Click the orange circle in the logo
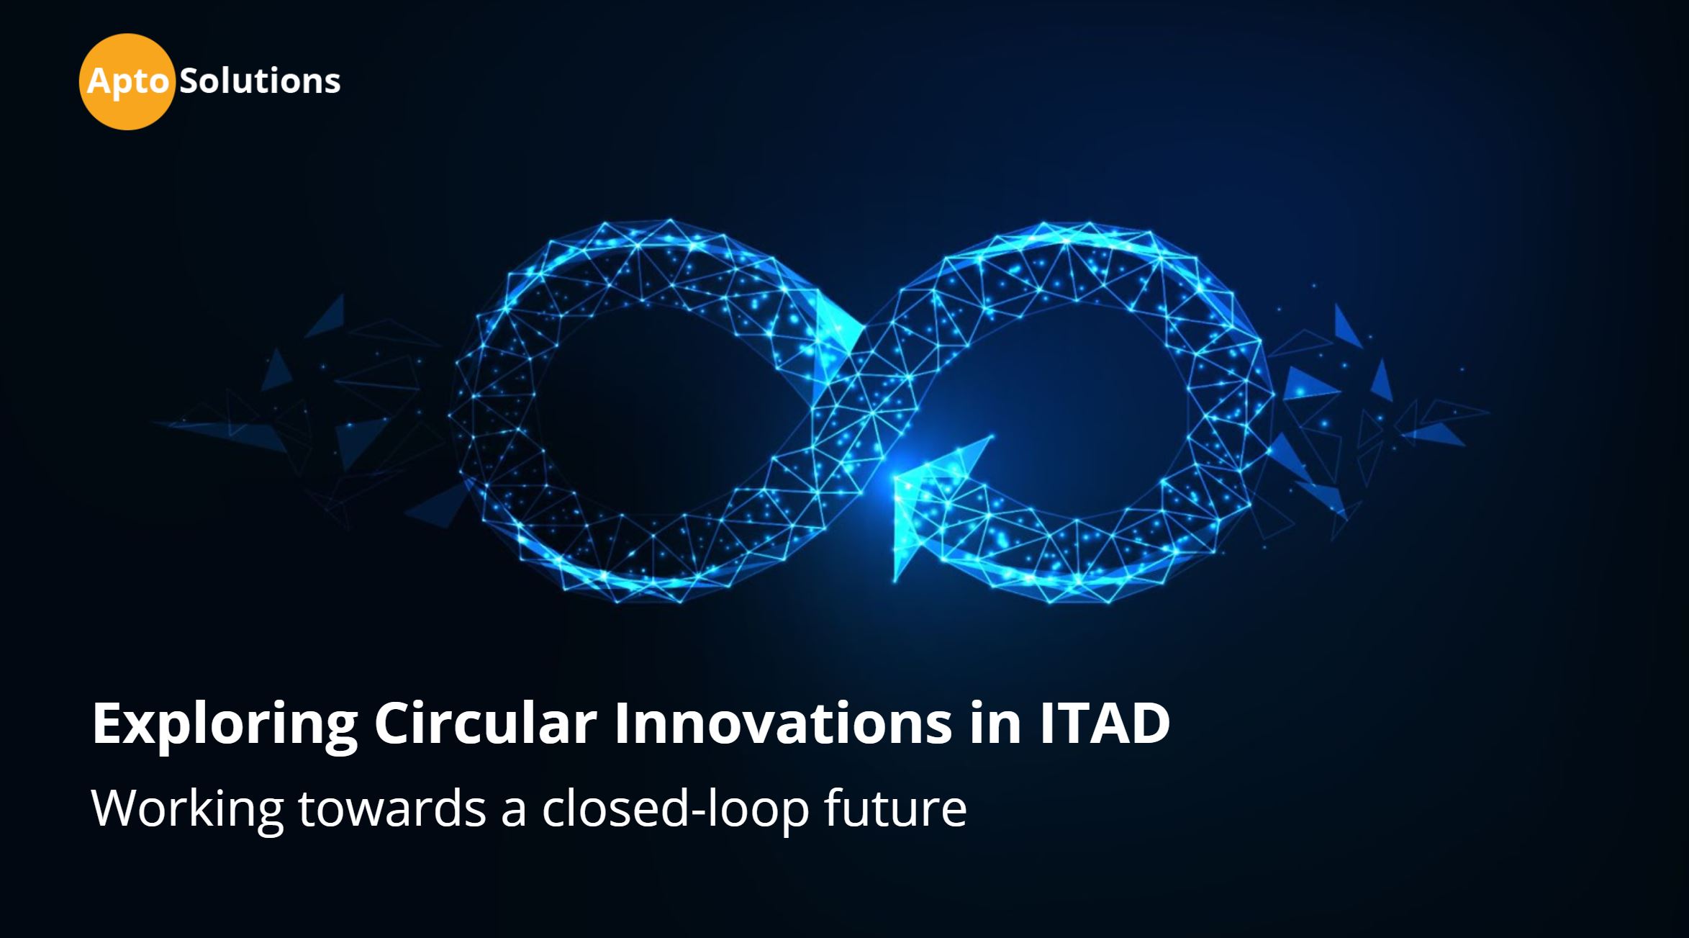click(x=127, y=82)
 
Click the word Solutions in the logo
click(x=260, y=81)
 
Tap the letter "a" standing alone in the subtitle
click(x=514, y=814)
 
